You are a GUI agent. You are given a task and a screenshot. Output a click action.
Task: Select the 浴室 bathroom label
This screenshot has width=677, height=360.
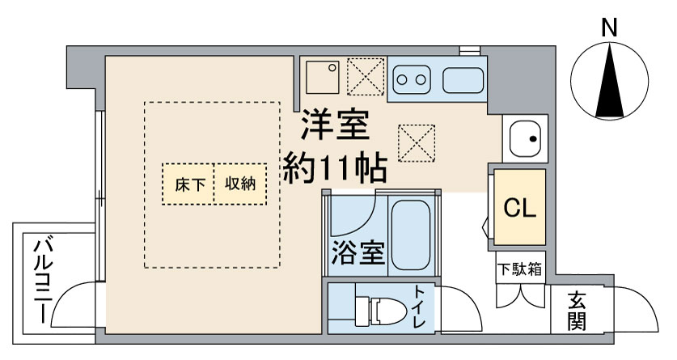[x=357, y=253]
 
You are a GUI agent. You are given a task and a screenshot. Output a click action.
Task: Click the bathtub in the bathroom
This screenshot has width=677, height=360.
[x=412, y=235]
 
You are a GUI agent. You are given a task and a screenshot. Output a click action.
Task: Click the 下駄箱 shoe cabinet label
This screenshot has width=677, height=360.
[x=519, y=265]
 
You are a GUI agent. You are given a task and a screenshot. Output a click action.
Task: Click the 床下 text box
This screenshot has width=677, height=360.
[x=188, y=184]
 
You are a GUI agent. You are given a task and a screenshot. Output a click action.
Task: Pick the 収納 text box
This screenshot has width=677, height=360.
[x=240, y=184]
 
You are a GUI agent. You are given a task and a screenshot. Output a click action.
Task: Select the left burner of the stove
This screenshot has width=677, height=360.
[x=402, y=80]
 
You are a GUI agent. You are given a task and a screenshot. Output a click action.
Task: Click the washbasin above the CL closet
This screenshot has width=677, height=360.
[x=525, y=138]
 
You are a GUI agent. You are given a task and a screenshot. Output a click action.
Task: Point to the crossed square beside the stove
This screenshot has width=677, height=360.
[x=364, y=78]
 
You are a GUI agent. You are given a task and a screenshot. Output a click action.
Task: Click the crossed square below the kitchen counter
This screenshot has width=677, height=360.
[x=417, y=144]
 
